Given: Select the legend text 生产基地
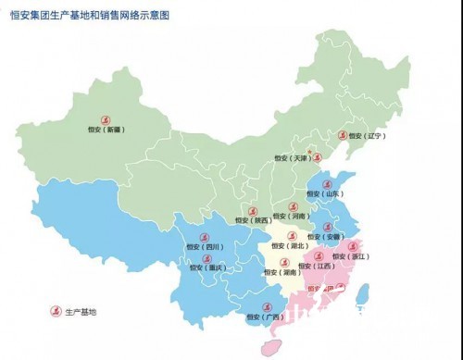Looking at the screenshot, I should click(x=80, y=312).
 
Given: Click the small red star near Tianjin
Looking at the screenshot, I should click(x=307, y=149).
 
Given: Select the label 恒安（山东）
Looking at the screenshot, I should click(x=326, y=194).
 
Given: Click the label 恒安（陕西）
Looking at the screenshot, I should click(x=253, y=220).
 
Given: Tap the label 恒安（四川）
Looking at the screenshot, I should click(x=204, y=248).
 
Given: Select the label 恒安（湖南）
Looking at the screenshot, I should click(x=281, y=273).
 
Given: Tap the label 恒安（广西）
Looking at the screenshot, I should click(x=265, y=317).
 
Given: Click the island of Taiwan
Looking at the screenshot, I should click(x=364, y=294).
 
